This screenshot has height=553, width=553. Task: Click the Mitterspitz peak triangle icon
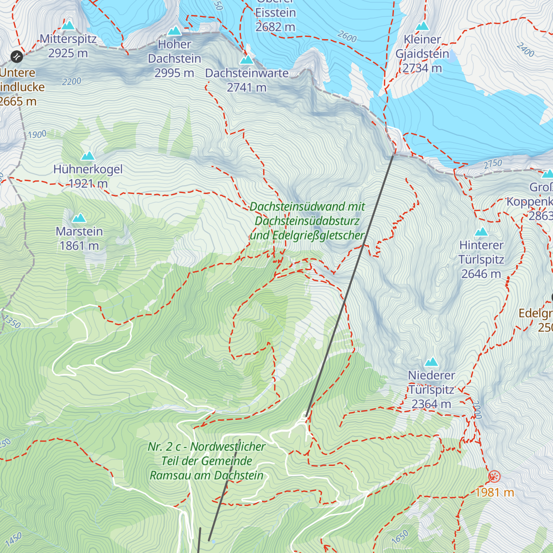[x=68, y=25]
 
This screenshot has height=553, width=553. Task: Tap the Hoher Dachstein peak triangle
[x=174, y=31]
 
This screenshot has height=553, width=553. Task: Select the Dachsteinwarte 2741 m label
[x=247, y=80]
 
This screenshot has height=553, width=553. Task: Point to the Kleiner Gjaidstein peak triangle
[x=422, y=26]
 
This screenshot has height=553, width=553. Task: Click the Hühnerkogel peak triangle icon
[x=88, y=156]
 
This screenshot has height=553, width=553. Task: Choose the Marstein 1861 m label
[x=79, y=239]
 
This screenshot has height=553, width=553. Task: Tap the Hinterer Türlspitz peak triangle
[x=482, y=232]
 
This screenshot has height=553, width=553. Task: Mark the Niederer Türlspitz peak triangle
[x=432, y=362]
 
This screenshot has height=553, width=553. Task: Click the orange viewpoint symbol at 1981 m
[x=494, y=476]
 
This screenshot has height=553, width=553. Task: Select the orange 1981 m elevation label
[x=495, y=492]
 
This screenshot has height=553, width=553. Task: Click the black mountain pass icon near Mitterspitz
[x=17, y=57]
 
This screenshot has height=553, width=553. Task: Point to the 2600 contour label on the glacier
[x=347, y=36]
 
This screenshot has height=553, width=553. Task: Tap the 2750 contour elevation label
[x=493, y=164]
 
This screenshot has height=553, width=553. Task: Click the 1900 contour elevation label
[x=37, y=135]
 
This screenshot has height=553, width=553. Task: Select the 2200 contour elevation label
[x=71, y=82]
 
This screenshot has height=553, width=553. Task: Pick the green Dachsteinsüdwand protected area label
[x=307, y=221]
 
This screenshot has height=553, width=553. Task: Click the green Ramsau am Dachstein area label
[x=206, y=461]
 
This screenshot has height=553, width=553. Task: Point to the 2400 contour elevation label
[x=525, y=50]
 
